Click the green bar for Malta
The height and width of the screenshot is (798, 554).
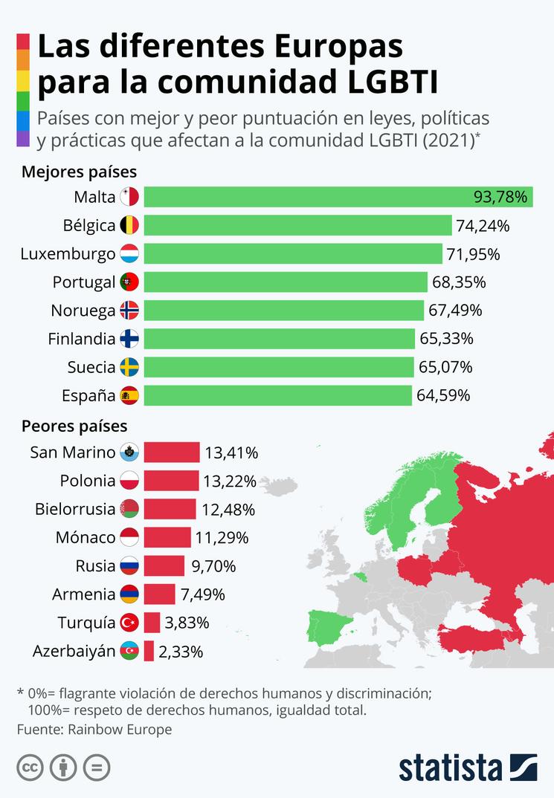(338, 197)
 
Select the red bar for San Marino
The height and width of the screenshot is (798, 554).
(172, 452)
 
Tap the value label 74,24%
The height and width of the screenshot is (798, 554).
(483, 225)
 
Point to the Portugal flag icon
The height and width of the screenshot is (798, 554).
(129, 282)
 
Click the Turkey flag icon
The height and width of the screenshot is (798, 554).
(129, 622)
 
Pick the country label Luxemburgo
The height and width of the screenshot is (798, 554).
(68, 254)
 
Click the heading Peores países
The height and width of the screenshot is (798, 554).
(74, 426)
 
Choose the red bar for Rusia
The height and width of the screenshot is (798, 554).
(164, 565)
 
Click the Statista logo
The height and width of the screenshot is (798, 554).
(468, 768)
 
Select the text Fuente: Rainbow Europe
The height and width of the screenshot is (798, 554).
(94, 729)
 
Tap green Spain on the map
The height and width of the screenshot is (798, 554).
(332, 632)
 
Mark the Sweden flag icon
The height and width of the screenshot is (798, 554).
(129, 367)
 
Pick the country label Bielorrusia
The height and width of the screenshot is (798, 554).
(75, 509)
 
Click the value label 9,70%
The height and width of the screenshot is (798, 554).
(213, 565)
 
